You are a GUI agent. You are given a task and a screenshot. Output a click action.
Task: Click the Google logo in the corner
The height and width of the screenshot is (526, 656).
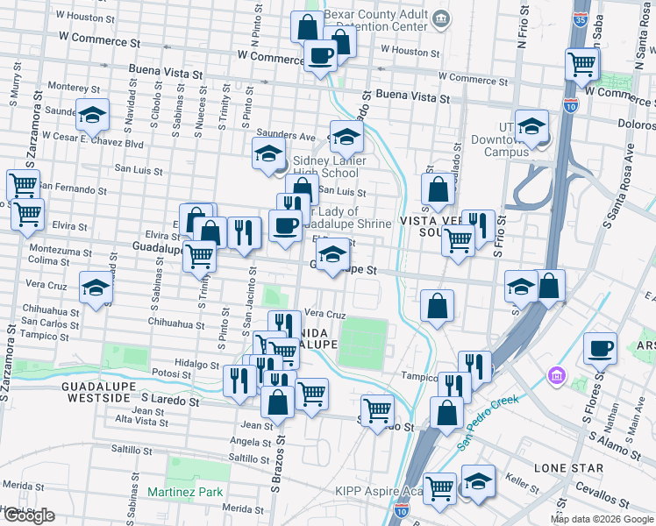pyautogui.click(x=29, y=515)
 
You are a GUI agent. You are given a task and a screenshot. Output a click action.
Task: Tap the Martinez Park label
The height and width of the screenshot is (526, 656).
pyautogui.click(x=185, y=493)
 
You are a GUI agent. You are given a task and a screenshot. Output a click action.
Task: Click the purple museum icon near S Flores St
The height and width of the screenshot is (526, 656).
pyautogui.click(x=556, y=376)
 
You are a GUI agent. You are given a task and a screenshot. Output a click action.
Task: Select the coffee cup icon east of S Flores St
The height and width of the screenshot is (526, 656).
pyautogui.click(x=601, y=348)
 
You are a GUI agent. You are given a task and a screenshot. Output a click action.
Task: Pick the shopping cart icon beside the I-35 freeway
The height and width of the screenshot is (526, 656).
pyautogui.click(x=581, y=63)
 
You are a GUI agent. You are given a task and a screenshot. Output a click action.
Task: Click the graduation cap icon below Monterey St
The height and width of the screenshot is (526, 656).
pyautogui.click(x=91, y=116)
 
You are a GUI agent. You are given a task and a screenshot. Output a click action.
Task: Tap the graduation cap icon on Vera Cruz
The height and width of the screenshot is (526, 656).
pyautogui.click(x=95, y=288)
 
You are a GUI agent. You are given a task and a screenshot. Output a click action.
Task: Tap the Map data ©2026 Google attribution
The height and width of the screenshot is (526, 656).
pyautogui.click(x=602, y=519)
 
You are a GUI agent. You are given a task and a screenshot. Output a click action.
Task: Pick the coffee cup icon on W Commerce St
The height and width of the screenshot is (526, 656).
pyautogui.click(x=318, y=57)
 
